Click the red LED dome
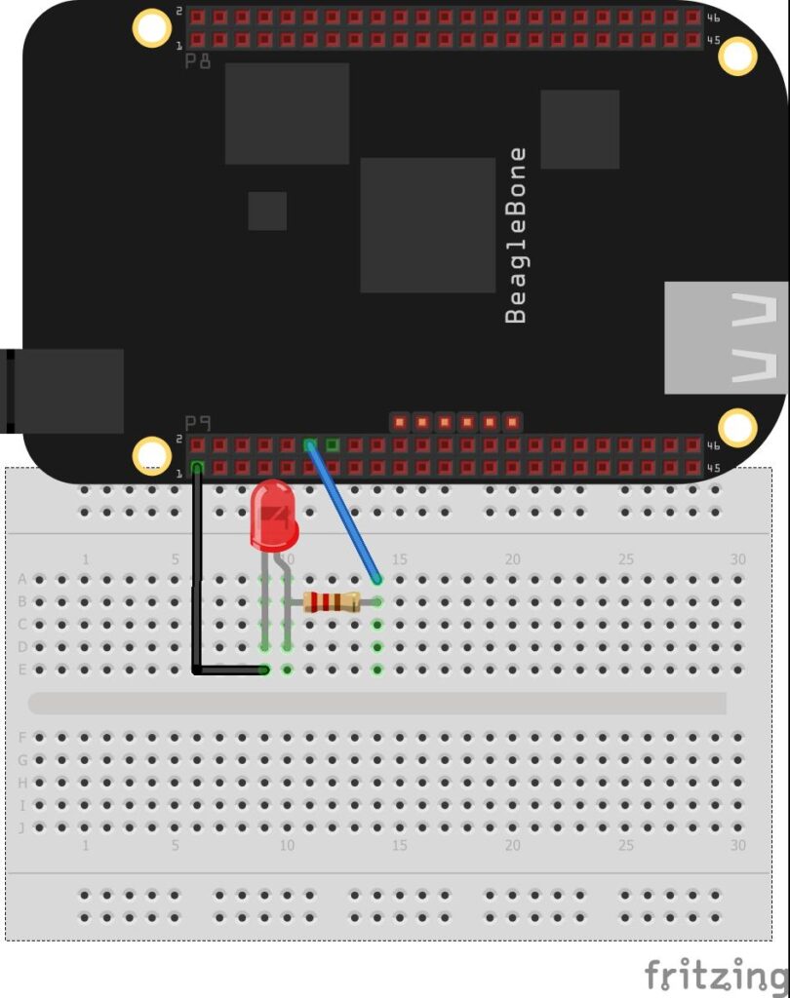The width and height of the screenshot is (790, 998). pos(273,513)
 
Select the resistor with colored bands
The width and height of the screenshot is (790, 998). pos(332,601)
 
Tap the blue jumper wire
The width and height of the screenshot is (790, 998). pos(343,513)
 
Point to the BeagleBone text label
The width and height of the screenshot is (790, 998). pos(516,235)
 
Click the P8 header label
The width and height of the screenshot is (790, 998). pos(198,60)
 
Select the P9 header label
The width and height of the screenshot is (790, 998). pos(198,423)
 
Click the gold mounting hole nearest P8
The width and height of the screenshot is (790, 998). pos(151,27)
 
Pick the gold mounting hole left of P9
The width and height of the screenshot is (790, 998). pos(151,455)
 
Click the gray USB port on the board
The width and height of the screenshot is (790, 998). pos(727,337)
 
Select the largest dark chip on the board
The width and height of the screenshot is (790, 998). pos(427,225)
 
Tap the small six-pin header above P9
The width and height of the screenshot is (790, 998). pos(456,422)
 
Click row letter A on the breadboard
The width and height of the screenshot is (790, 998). pos(22,579)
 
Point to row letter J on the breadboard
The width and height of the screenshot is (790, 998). pos(22,827)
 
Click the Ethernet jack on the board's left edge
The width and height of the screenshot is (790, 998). pos(63,391)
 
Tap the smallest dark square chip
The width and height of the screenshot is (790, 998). pos(267,211)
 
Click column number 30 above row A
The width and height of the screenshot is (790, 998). pos(738,559)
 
